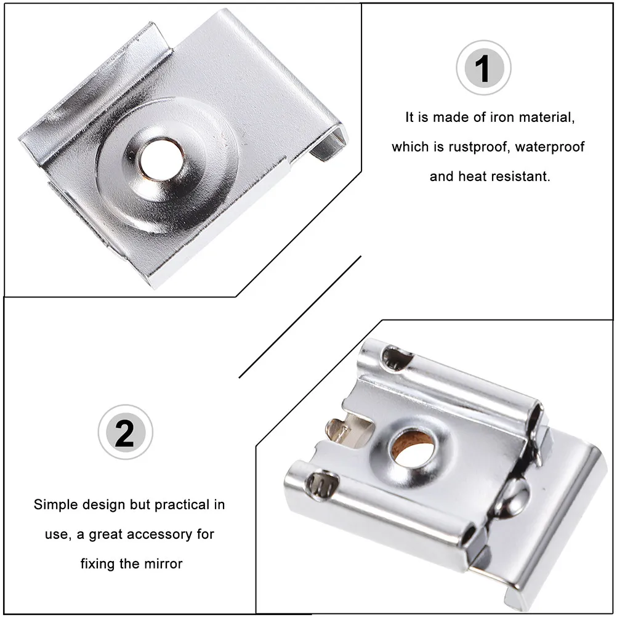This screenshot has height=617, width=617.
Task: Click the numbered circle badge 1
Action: point(483,68)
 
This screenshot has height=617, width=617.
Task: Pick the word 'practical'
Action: point(178,505)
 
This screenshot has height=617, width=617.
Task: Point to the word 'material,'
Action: point(545,118)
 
